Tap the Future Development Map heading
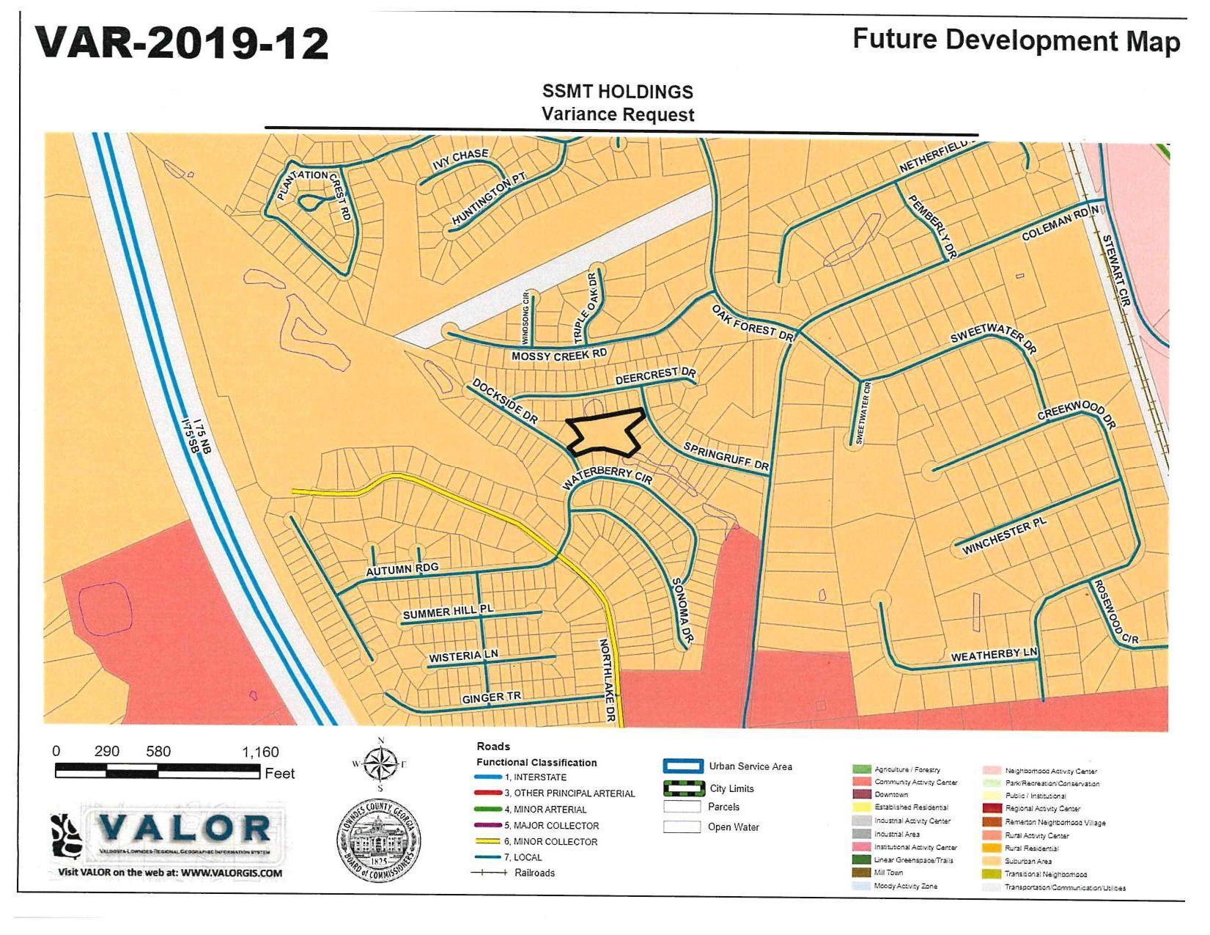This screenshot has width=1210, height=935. (x=1016, y=40)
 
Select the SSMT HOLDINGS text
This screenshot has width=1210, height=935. (x=617, y=92)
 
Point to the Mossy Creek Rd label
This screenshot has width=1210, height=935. (x=558, y=356)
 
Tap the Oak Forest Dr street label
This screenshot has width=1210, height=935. (x=752, y=323)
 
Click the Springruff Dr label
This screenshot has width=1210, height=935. (x=726, y=456)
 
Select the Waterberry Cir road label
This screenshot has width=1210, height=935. (x=607, y=477)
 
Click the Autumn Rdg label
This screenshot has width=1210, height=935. (x=402, y=569)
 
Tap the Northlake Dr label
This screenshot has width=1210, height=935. (x=608, y=681)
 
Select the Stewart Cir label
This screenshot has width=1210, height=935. (x=1115, y=269)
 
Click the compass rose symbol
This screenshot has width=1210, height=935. (x=380, y=763)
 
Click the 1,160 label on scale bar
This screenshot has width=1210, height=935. (x=260, y=752)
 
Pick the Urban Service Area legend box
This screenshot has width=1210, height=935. (x=683, y=766)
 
